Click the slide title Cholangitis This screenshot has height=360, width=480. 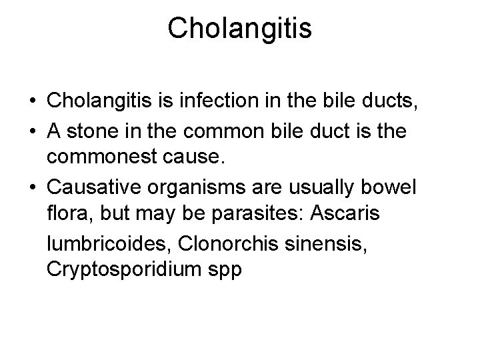point(239,28)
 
